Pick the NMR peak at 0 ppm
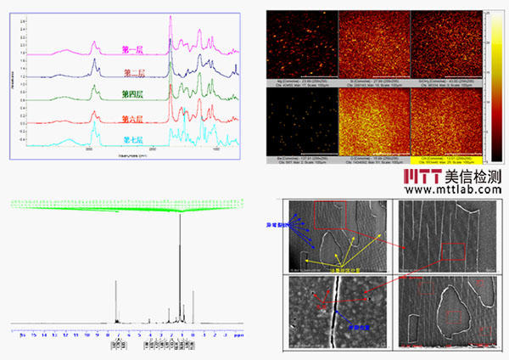pyautogui.click(x=193, y=321)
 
